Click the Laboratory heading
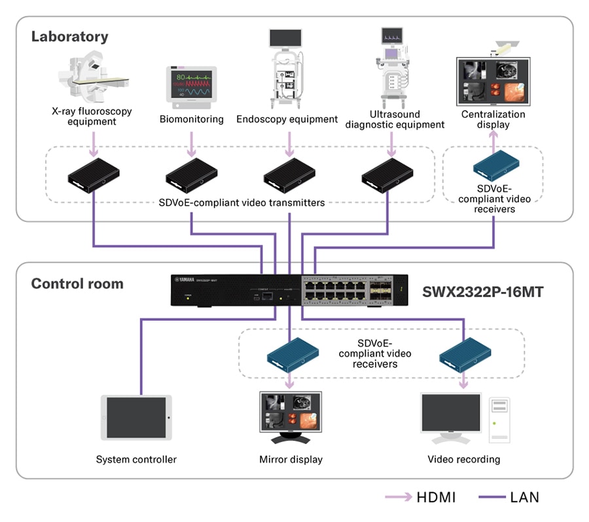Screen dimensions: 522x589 (70, 37)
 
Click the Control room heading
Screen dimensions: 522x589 (77, 284)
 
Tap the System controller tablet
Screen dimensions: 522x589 (136, 417)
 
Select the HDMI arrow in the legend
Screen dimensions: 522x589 (397, 497)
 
